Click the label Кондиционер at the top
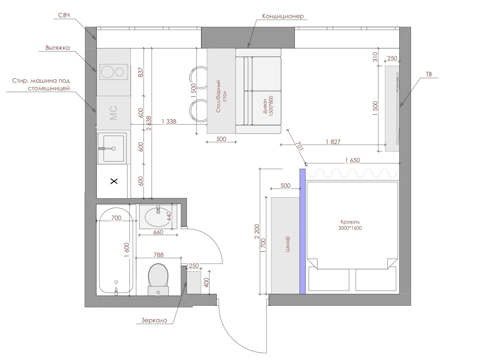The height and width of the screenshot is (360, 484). click(283, 16)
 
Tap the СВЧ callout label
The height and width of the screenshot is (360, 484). click(64, 15)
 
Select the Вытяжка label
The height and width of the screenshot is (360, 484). click(58, 48)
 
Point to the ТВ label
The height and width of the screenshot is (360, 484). click(429, 74)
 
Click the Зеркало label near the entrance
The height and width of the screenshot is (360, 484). click(154, 320)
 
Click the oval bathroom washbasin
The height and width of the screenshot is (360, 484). click(157, 217)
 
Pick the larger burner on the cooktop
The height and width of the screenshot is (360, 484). click(107, 72)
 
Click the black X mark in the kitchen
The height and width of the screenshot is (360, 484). click(114, 181)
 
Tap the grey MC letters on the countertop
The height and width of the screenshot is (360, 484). click(113, 113)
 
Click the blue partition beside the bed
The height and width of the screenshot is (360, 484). click(302, 231)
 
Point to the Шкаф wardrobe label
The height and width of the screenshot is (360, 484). click(288, 244)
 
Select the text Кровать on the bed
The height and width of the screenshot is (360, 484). click(350, 222)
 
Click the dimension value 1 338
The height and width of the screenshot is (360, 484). click(169, 121)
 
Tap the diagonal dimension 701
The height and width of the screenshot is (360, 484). click(299, 146)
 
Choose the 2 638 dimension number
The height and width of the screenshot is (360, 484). click(149, 123)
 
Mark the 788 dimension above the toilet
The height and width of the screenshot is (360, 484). click(158, 255)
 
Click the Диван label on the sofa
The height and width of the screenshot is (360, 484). click(265, 106)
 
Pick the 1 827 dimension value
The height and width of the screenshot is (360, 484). click(333, 142)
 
